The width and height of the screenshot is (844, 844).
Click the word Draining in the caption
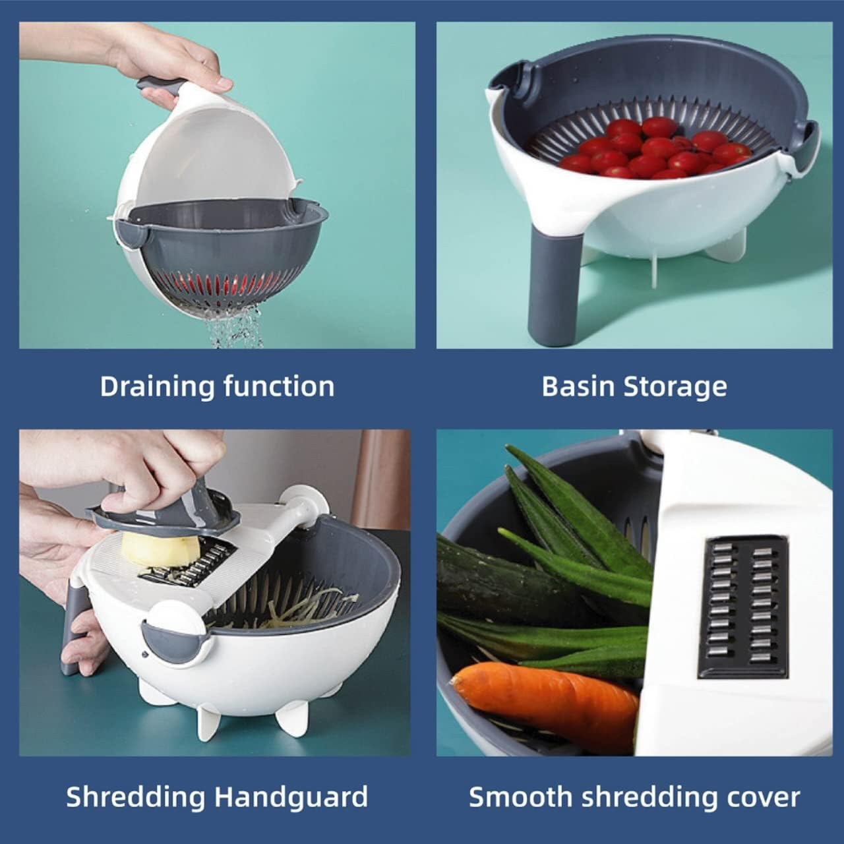pyautogui.click(x=158, y=387)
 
